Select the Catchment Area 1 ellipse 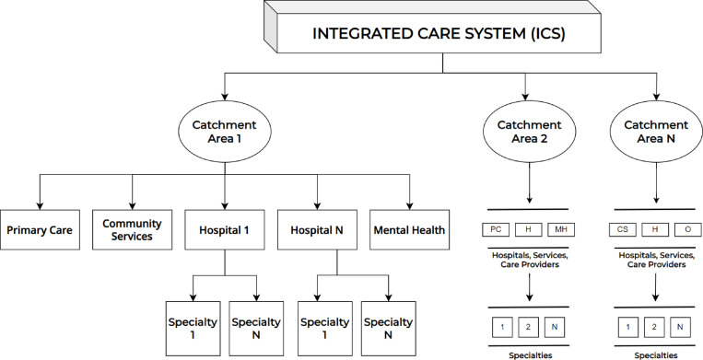click(225, 131)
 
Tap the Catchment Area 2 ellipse click(529, 131)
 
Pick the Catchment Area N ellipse click(656, 131)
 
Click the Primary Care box click(40, 229)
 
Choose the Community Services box click(133, 229)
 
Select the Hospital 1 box click(225, 229)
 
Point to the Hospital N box click(317, 229)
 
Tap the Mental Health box click(409, 229)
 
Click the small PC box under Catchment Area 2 click(496, 229)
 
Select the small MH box click(561, 229)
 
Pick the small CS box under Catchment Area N click(622, 229)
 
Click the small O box click(687, 229)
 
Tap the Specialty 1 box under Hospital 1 click(193, 328)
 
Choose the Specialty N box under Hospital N click(388, 328)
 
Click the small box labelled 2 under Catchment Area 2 click(528, 327)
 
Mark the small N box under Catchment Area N click(680, 327)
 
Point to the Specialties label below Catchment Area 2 click(531, 355)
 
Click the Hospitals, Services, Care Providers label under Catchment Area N click(656, 260)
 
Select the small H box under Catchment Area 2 click(528, 229)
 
